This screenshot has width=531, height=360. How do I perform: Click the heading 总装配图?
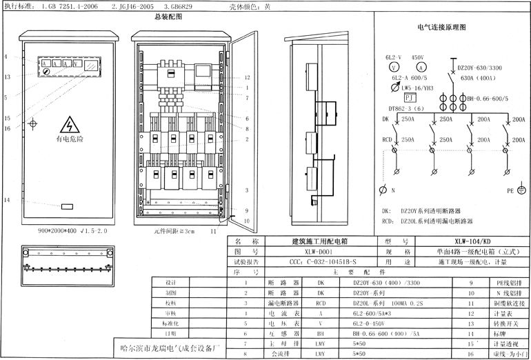[168, 16]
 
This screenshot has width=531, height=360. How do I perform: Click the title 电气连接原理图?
[442, 28]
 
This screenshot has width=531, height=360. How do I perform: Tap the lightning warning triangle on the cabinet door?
[70, 125]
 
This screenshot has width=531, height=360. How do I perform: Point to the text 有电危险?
[70, 139]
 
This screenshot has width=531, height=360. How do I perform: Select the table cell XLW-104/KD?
[472, 242]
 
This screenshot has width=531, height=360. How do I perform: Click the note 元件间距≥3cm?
[174, 232]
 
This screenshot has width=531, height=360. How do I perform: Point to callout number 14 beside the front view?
[6, 200]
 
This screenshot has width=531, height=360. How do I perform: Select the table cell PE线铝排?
[494, 283]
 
